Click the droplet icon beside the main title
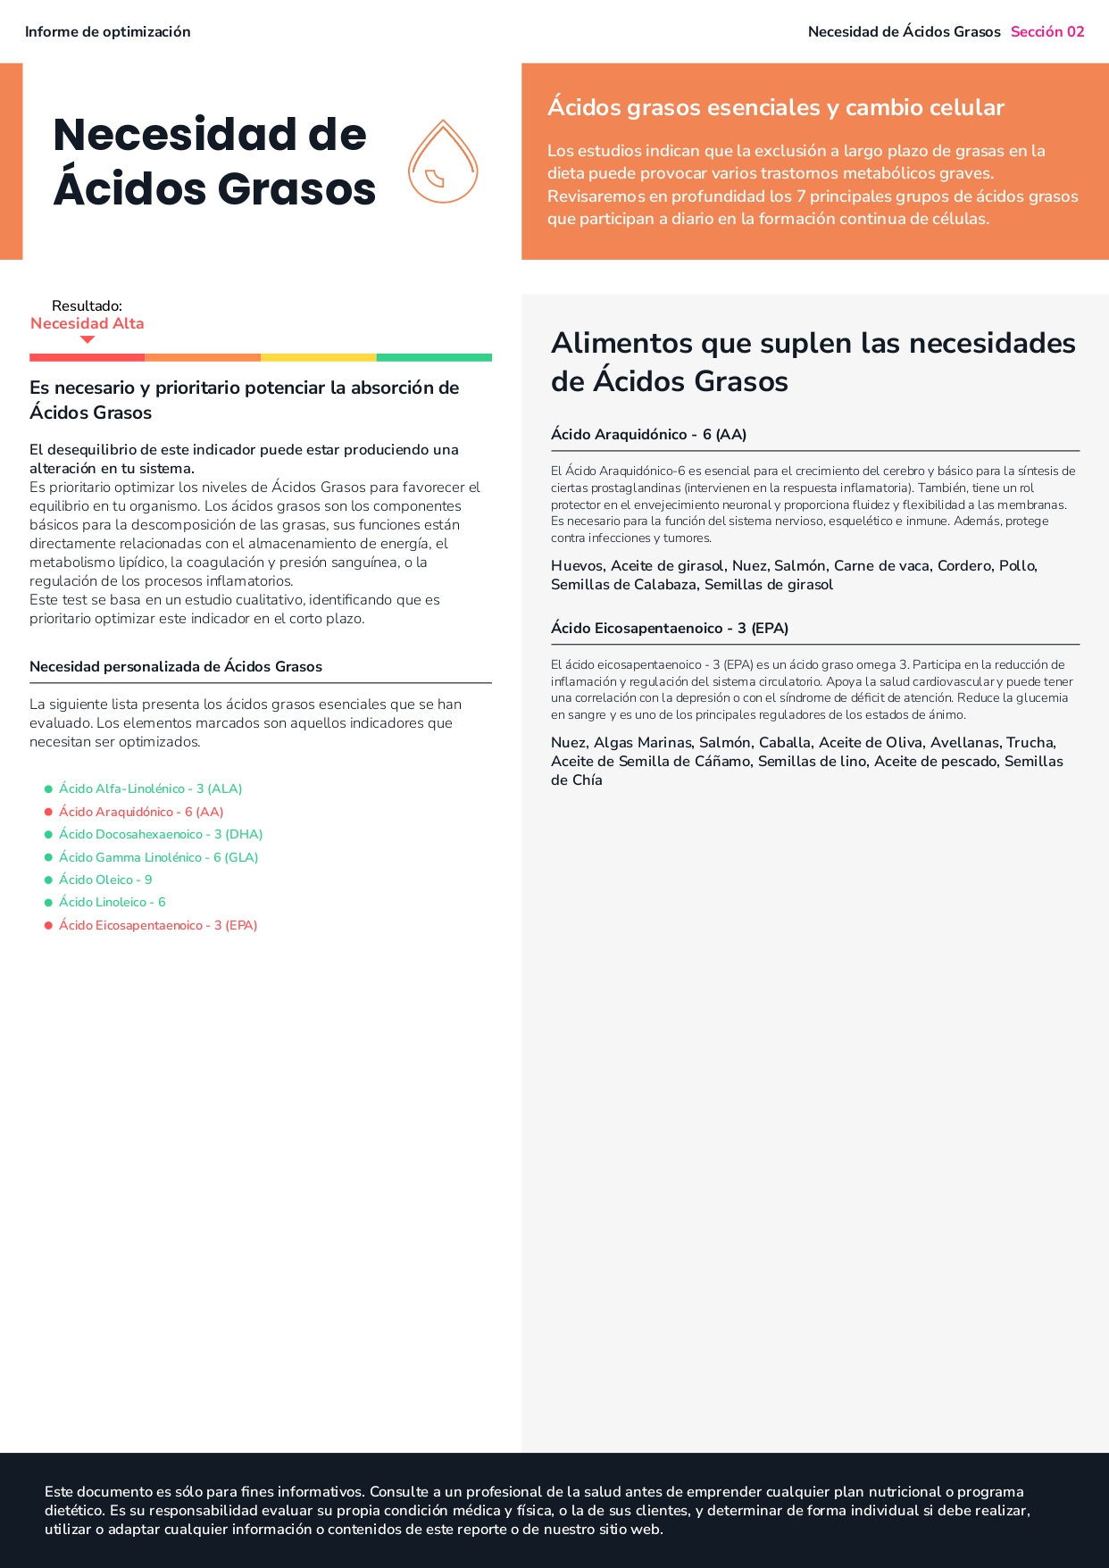coord(443,163)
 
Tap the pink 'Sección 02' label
coord(1046,32)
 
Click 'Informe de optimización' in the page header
coord(108,32)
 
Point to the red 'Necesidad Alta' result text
coord(88,323)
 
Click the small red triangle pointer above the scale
coord(88,339)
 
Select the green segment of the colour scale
coord(434,357)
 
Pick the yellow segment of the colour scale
coord(318,357)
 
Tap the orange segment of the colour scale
coord(203,357)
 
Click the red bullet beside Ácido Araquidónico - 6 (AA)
coord(48,812)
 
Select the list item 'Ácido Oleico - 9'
coord(105,880)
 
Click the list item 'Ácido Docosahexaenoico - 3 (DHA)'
coord(161,834)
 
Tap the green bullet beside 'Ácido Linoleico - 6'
coord(48,903)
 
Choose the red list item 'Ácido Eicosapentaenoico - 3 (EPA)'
coord(158,925)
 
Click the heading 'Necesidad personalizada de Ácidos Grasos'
coord(176,666)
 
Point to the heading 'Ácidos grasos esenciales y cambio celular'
coord(776,108)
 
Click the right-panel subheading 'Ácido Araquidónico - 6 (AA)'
coord(648,435)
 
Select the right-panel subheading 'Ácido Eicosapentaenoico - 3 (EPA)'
coord(670,629)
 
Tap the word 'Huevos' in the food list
coord(577,566)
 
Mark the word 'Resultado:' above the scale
coord(88,306)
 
